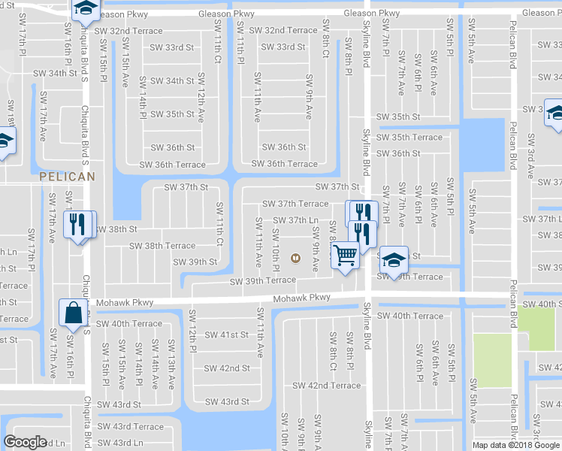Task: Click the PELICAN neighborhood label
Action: [x=67, y=177]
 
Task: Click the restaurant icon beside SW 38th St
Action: [x=78, y=224]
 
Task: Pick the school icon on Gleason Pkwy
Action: [x=86, y=9]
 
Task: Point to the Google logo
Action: [x=25, y=442]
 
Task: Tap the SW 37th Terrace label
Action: [x=295, y=204]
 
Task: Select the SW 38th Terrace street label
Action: [x=162, y=246]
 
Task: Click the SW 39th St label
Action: [x=195, y=262]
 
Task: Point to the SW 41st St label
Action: [x=226, y=334]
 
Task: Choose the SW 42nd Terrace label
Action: [x=326, y=386]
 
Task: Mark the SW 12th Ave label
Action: [x=201, y=89]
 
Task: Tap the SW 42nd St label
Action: [x=226, y=368]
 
